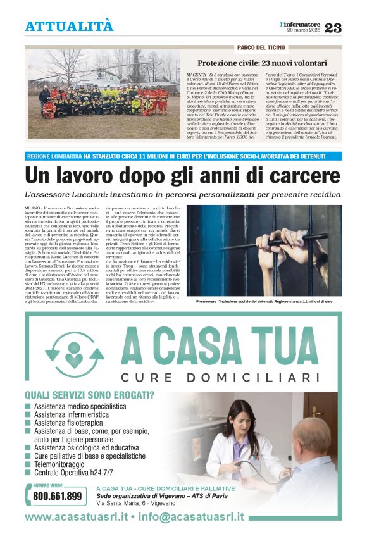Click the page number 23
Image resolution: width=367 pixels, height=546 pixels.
click(333, 27)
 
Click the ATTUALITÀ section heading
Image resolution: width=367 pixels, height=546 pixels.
click(69, 27)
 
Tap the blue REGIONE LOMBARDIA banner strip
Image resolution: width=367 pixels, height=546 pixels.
click(183, 156)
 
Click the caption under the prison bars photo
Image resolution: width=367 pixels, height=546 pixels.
click(264, 302)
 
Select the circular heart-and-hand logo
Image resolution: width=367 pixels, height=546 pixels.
click(74, 356)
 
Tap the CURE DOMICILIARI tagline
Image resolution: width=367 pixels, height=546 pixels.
click(220, 378)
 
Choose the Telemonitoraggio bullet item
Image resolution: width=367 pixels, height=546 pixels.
click(64, 464)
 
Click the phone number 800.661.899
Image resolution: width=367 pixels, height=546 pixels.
click(57, 496)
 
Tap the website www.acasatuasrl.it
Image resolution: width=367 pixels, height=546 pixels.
click(77, 516)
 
